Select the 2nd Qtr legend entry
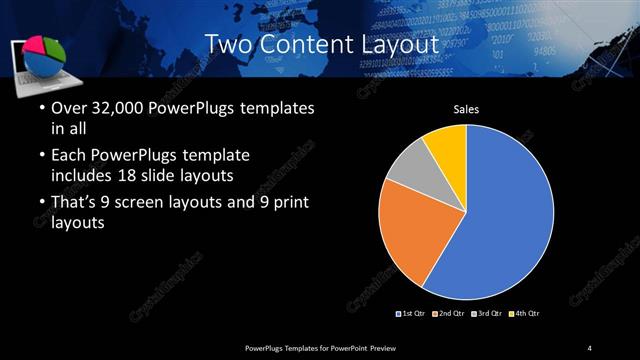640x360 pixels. (449, 314)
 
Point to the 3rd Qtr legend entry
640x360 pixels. (486, 314)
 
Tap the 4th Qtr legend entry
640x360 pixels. (524, 314)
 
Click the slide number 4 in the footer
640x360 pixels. (590, 347)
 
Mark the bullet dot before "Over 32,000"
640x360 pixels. (40, 108)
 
